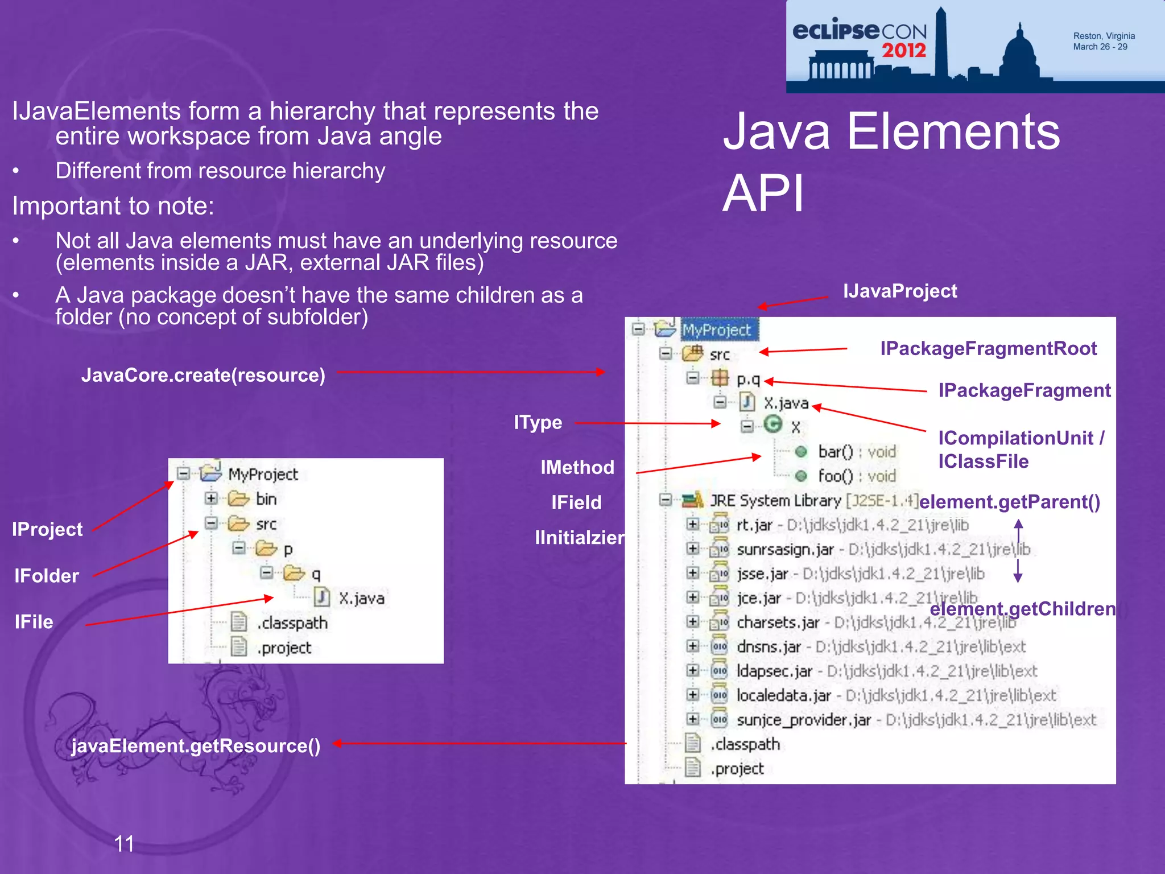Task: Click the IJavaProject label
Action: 899,291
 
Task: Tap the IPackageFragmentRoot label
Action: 988,348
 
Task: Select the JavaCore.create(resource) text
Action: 203,376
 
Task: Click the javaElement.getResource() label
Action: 196,746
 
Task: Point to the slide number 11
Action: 124,844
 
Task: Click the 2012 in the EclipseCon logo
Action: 903,50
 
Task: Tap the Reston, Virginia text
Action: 1104,36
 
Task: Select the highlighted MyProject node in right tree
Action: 717,330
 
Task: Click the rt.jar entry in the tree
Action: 754,525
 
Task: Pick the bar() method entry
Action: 835,452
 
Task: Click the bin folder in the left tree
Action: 266,499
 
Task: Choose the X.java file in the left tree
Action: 361,599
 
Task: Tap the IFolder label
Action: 47,576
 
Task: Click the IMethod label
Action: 577,468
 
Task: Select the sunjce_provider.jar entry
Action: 803,720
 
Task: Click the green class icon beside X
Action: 772,424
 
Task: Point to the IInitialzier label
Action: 579,538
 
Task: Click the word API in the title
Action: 763,194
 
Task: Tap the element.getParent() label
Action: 1009,502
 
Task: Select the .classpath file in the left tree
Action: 292,623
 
